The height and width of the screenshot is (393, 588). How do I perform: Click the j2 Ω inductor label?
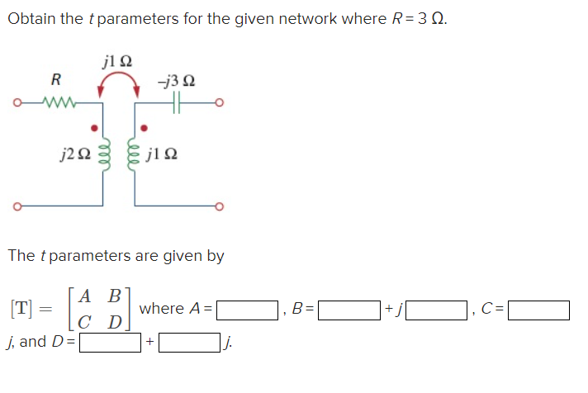[x=73, y=154]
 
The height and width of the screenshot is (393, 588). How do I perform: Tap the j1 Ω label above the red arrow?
[x=116, y=60]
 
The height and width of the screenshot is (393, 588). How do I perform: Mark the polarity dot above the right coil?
[x=145, y=128]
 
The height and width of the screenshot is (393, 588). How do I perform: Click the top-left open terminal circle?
[x=14, y=104]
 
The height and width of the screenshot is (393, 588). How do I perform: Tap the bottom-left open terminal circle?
[x=14, y=205]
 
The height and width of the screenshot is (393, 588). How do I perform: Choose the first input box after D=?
[x=110, y=341]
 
